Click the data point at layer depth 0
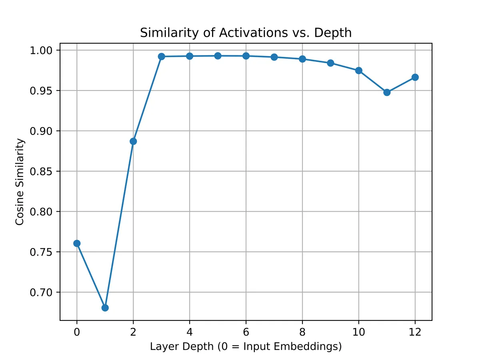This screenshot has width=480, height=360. point(77,243)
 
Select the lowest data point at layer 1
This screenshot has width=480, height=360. point(105,308)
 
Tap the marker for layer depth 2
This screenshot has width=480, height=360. point(133,141)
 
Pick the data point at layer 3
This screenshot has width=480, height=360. point(162,56)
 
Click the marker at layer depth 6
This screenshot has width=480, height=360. point(246,56)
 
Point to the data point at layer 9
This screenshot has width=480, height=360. point(330,63)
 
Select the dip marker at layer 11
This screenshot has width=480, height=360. point(387,92)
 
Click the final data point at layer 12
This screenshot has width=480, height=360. point(415,77)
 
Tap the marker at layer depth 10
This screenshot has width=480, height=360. point(359,70)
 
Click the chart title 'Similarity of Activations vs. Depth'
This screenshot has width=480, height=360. point(246,33)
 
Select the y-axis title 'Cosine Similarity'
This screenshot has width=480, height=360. point(20,182)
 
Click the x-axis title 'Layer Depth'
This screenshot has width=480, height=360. point(246,346)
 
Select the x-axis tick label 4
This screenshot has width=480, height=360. point(190,332)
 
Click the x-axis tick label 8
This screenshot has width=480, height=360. point(302,332)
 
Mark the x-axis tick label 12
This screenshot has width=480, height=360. point(415,332)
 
